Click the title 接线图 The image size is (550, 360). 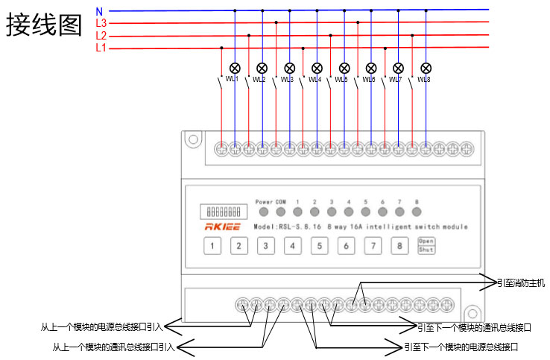(x=44, y=25)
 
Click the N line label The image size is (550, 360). (x=100, y=11)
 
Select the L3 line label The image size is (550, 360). (x=101, y=23)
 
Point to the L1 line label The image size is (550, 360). (x=101, y=48)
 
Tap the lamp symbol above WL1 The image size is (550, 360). (x=235, y=67)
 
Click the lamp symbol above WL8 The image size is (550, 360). (x=426, y=67)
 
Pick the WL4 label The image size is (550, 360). (x=314, y=80)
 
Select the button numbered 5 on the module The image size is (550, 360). (x=319, y=246)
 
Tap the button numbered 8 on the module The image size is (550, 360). (x=399, y=246)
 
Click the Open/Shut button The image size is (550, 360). (x=426, y=246)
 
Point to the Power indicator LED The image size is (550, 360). (x=263, y=212)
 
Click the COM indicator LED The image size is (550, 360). (x=281, y=212)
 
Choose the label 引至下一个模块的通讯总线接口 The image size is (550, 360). (x=474, y=327)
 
